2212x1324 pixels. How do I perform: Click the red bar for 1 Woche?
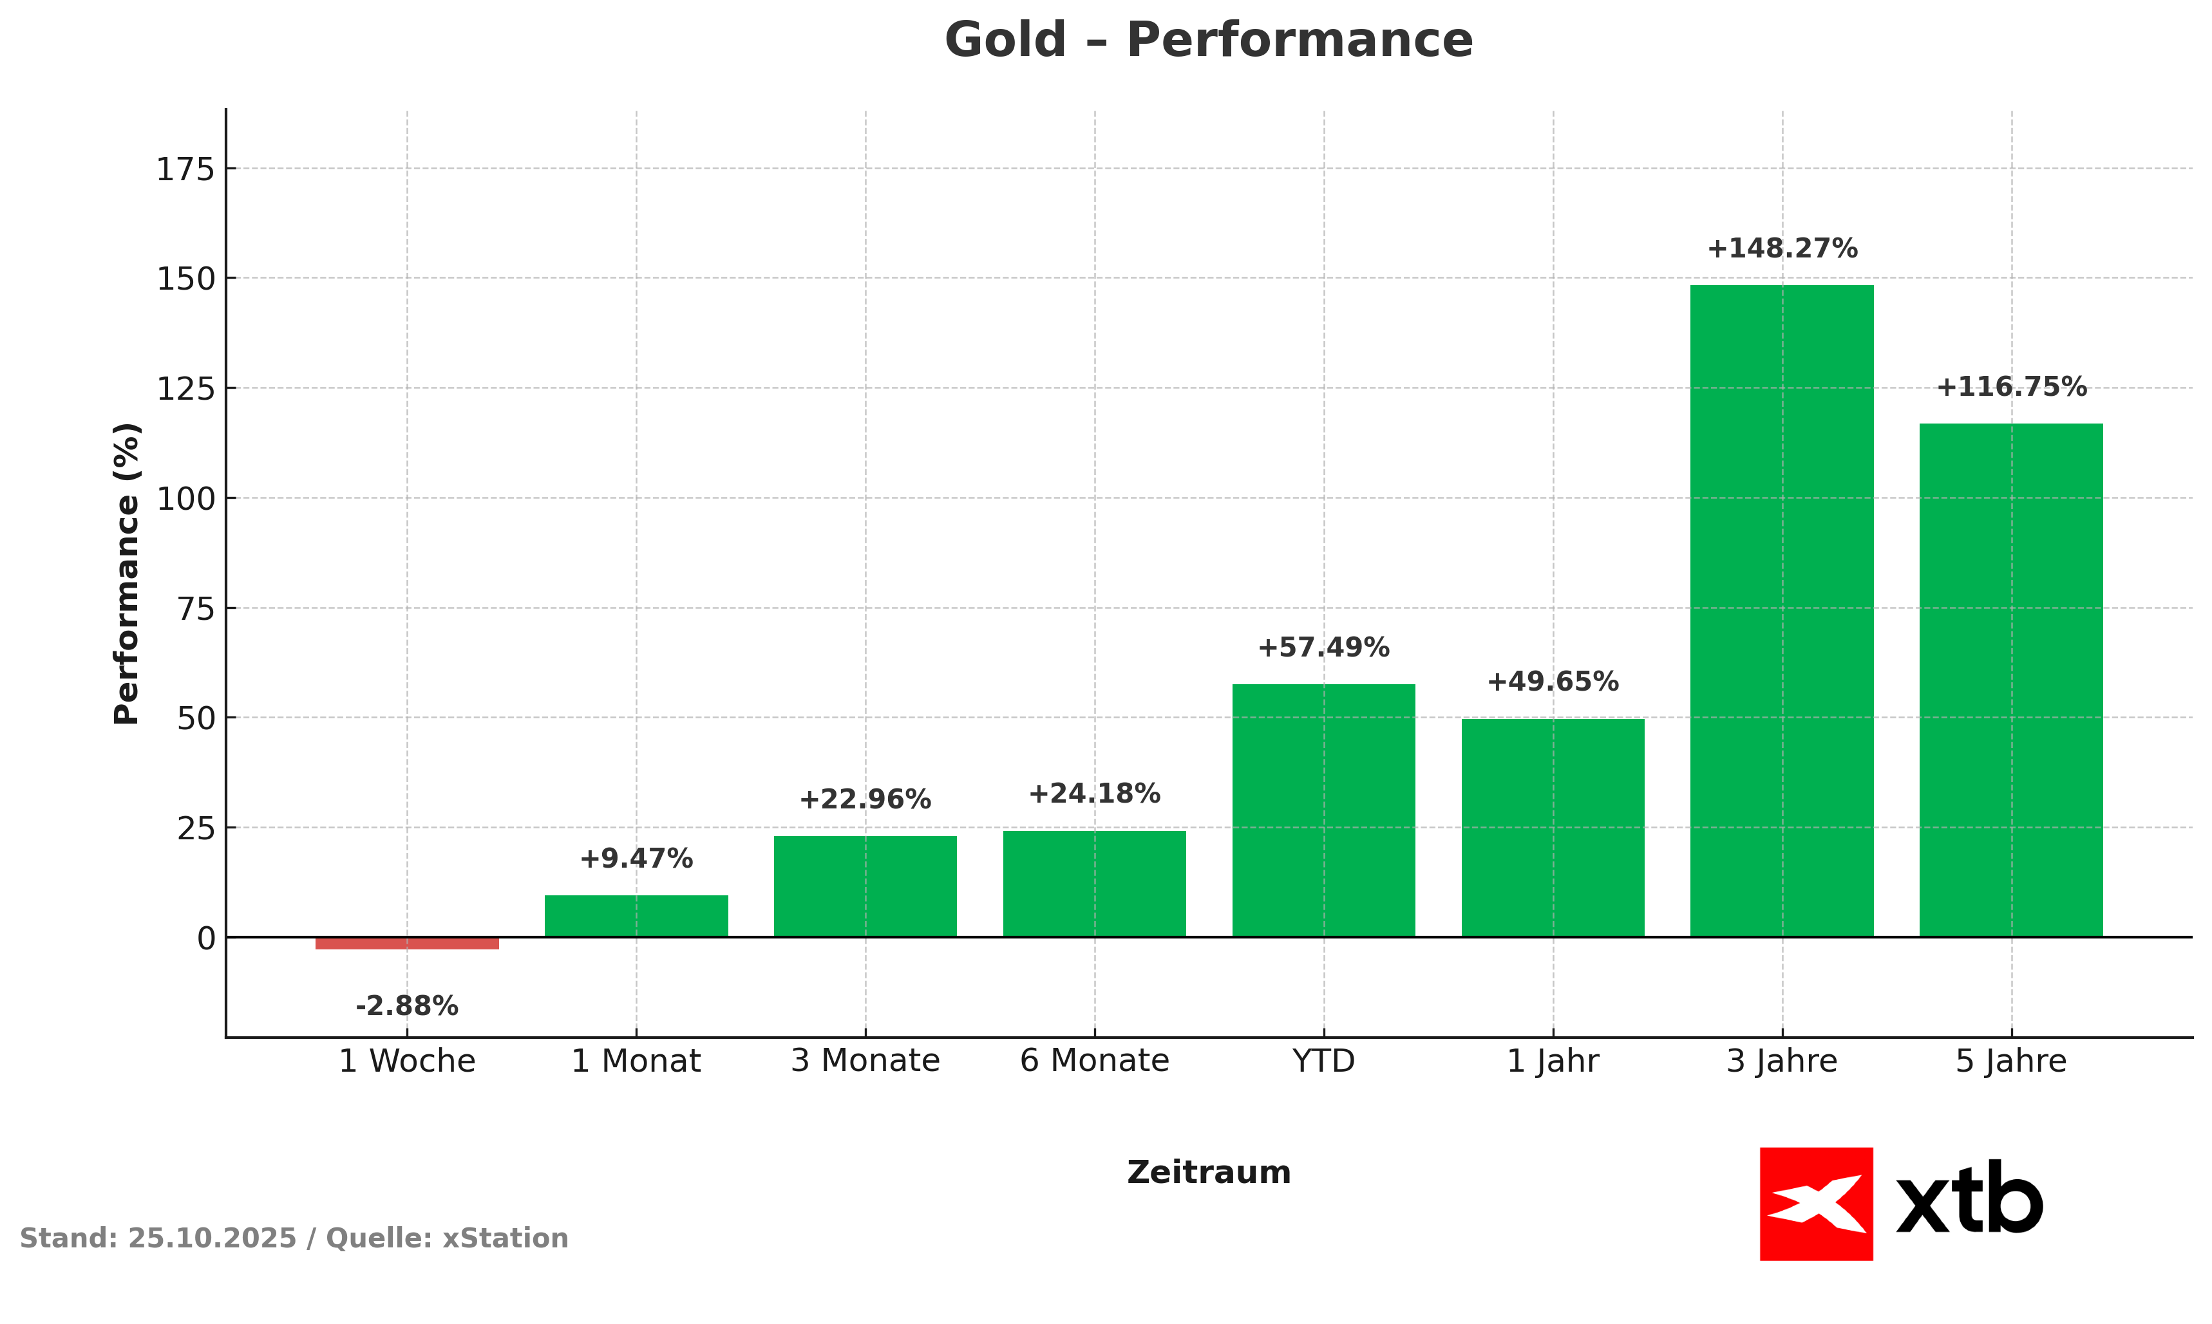[407, 943]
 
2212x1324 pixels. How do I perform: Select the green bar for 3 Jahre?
[1782, 610]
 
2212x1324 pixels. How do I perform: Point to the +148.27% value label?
[1782, 249]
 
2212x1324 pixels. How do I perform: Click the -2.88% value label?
[407, 1007]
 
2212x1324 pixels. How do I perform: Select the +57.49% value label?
[1324, 648]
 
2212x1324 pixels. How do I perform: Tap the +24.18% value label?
[1094, 794]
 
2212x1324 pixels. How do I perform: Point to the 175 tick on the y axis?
[187, 169]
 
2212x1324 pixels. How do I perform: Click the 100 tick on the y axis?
[187, 499]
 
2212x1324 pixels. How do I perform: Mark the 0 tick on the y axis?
[206, 938]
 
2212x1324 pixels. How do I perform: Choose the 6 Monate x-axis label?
[1094, 1061]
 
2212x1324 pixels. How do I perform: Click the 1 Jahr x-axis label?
[1553, 1061]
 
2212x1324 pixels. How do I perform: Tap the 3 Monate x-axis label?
[865, 1061]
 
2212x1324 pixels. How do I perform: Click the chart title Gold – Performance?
[1209, 41]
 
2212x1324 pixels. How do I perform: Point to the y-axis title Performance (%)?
[127, 573]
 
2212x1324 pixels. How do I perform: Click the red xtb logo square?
[1817, 1204]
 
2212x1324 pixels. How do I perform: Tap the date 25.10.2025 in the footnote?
[213, 1238]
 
